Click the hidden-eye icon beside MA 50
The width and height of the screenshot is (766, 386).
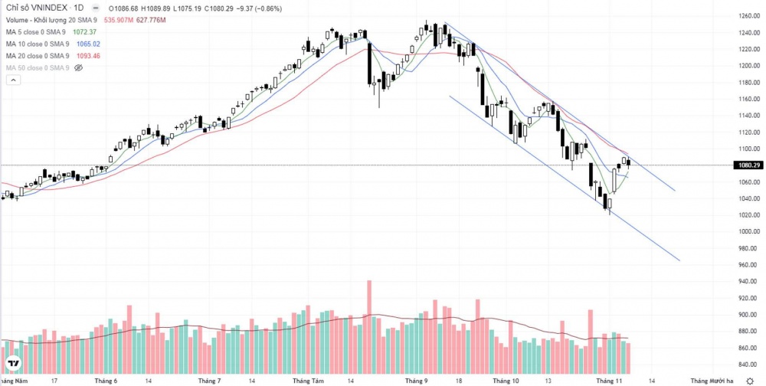tap(78, 68)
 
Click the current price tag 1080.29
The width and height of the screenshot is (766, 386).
tap(747, 165)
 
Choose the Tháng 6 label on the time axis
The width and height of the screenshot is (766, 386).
tap(105, 380)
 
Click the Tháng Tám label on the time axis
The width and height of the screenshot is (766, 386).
tap(309, 380)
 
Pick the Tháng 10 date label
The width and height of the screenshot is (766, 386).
tap(506, 380)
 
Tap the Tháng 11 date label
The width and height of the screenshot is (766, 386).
tap(609, 380)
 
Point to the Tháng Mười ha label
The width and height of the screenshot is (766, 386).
tap(712, 380)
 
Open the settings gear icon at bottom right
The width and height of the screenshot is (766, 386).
tap(750, 380)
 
